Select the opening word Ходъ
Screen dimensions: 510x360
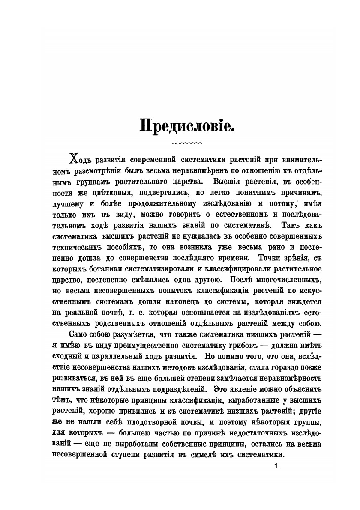coord(81,160)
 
